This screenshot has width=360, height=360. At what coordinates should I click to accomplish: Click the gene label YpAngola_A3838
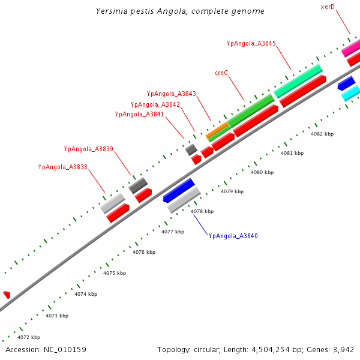(x=62, y=167)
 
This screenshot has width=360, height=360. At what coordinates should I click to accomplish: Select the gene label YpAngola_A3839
(x=89, y=149)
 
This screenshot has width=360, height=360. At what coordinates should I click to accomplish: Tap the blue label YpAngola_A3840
(x=233, y=236)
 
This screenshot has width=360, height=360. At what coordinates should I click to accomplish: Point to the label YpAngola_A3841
(x=139, y=114)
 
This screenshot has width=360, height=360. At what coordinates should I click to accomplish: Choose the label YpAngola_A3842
(x=155, y=104)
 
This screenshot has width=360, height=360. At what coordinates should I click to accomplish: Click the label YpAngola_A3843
(x=171, y=94)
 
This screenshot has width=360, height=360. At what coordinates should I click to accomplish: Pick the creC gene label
(x=221, y=73)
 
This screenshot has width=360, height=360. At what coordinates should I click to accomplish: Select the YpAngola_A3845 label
(x=251, y=43)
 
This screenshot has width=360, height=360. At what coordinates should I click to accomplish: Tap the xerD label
(x=328, y=7)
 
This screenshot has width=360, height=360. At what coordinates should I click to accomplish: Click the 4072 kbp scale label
(x=29, y=337)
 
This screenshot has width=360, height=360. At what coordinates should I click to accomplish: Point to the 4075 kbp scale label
(x=115, y=273)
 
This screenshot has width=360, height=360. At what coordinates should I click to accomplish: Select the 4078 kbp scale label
(x=202, y=211)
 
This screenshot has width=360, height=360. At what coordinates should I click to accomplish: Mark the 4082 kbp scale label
(x=322, y=134)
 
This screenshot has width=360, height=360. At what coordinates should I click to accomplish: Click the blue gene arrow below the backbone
(x=179, y=190)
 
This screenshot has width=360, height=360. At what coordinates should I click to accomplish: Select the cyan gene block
(x=350, y=92)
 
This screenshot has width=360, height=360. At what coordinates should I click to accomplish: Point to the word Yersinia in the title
(x=112, y=11)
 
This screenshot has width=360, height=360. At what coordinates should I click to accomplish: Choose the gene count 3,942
(x=344, y=349)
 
